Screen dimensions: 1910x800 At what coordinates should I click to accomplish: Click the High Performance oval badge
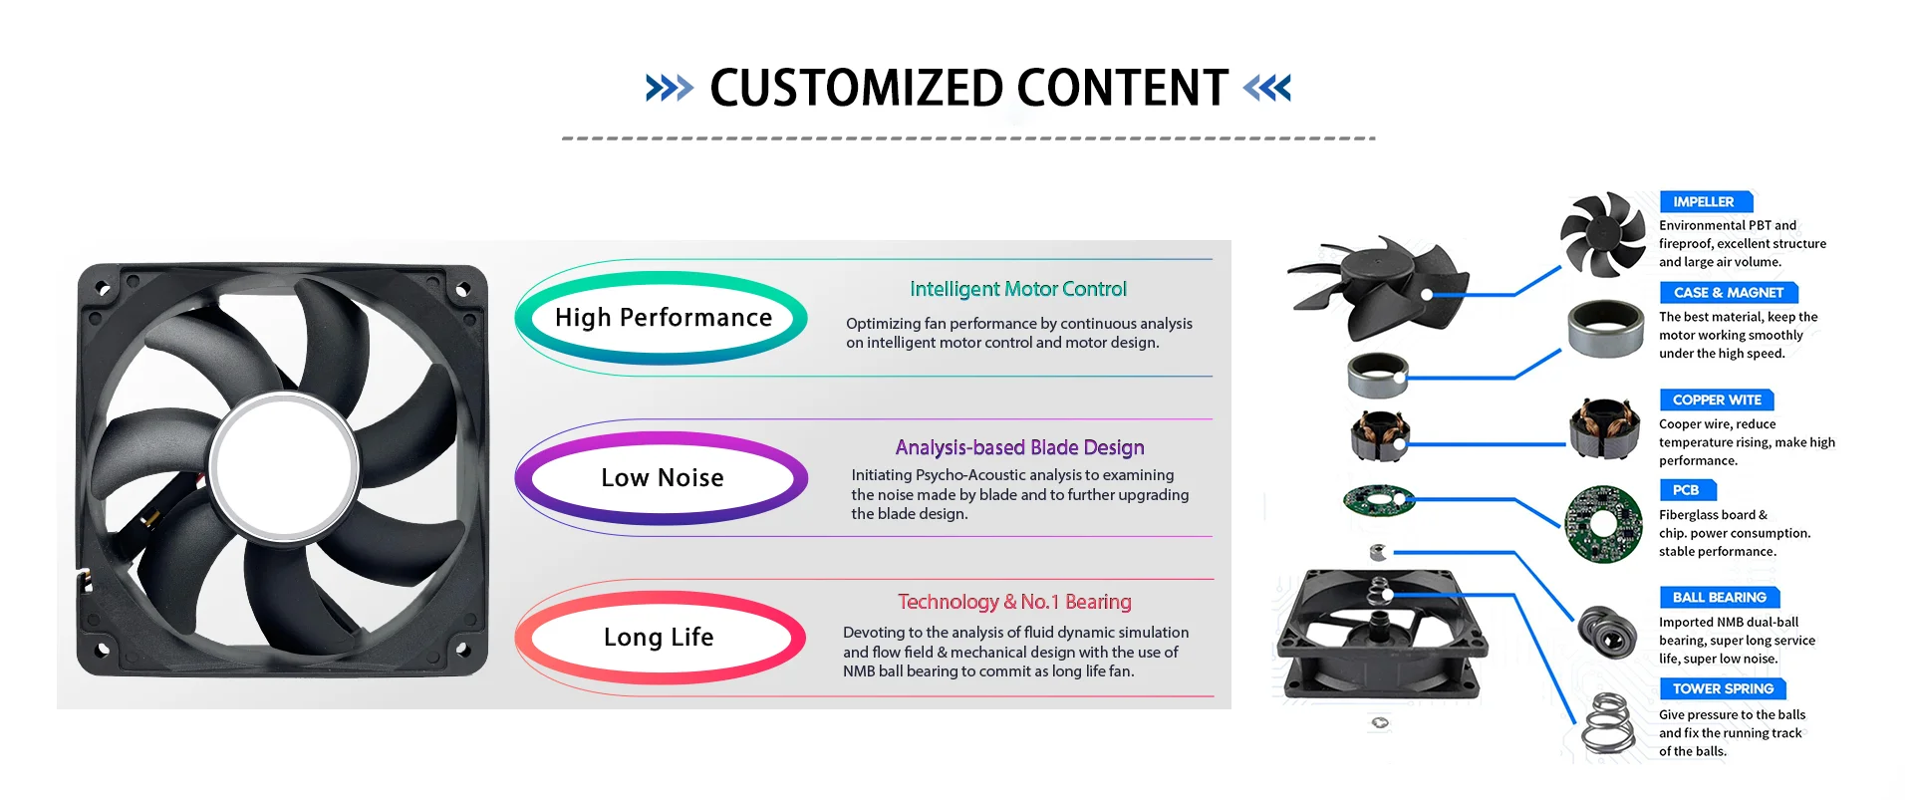point(662,318)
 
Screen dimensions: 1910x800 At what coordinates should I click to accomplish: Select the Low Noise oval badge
point(662,478)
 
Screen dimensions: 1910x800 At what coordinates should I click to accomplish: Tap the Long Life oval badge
point(660,638)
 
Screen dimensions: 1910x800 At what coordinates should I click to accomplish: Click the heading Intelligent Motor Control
point(1017,289)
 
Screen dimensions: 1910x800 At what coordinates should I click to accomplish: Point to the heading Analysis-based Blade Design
point(1019,447)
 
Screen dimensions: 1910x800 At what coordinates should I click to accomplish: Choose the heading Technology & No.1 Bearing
point(1014,602)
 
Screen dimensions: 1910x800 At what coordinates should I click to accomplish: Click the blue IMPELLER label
point(1705,201)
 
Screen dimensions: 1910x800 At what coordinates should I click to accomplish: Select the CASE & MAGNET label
point(1729,292)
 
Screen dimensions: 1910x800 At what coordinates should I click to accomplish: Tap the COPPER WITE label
point(1717,400)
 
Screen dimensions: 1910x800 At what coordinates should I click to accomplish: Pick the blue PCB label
point(1687,490)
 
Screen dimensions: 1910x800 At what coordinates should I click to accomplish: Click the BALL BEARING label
point(1720,597)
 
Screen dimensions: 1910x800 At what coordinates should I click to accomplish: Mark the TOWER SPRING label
point(1723,688)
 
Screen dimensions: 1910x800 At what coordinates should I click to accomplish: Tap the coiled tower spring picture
point(1608,723)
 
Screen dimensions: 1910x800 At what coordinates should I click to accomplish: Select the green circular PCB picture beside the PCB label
point(1603,524)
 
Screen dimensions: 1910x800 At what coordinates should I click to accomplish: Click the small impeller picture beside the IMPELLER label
point(1603,234)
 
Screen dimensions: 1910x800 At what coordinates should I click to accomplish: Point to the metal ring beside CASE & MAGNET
point(1605,329)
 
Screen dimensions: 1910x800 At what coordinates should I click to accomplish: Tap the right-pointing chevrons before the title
point(669,89)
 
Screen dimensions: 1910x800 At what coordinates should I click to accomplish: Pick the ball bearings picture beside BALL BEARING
point(1607,632)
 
